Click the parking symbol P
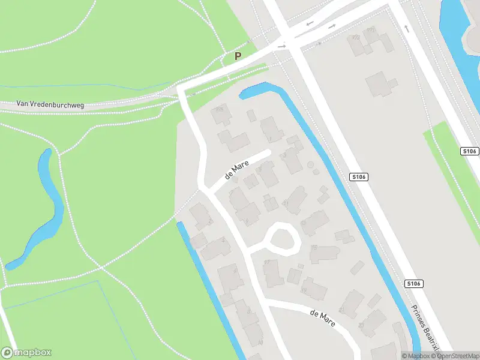pyautogui.click(x=238, y=56)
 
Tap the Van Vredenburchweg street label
pyautogui.click(x=50, y=104)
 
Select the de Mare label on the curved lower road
pyautogui.click(x=322, y=318)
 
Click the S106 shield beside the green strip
pyautogui.click(x=470, y=151)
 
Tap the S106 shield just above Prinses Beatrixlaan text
pyautogui.click(x=412, y=283)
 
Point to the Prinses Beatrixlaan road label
pyautogui.click(x=425, y=327)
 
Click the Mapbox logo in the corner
pyautogui.click(x=26, y=353)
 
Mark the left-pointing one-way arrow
pyautogui.click(x=310, y=23)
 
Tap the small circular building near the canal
pyautogui.click(x=310, y=164)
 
